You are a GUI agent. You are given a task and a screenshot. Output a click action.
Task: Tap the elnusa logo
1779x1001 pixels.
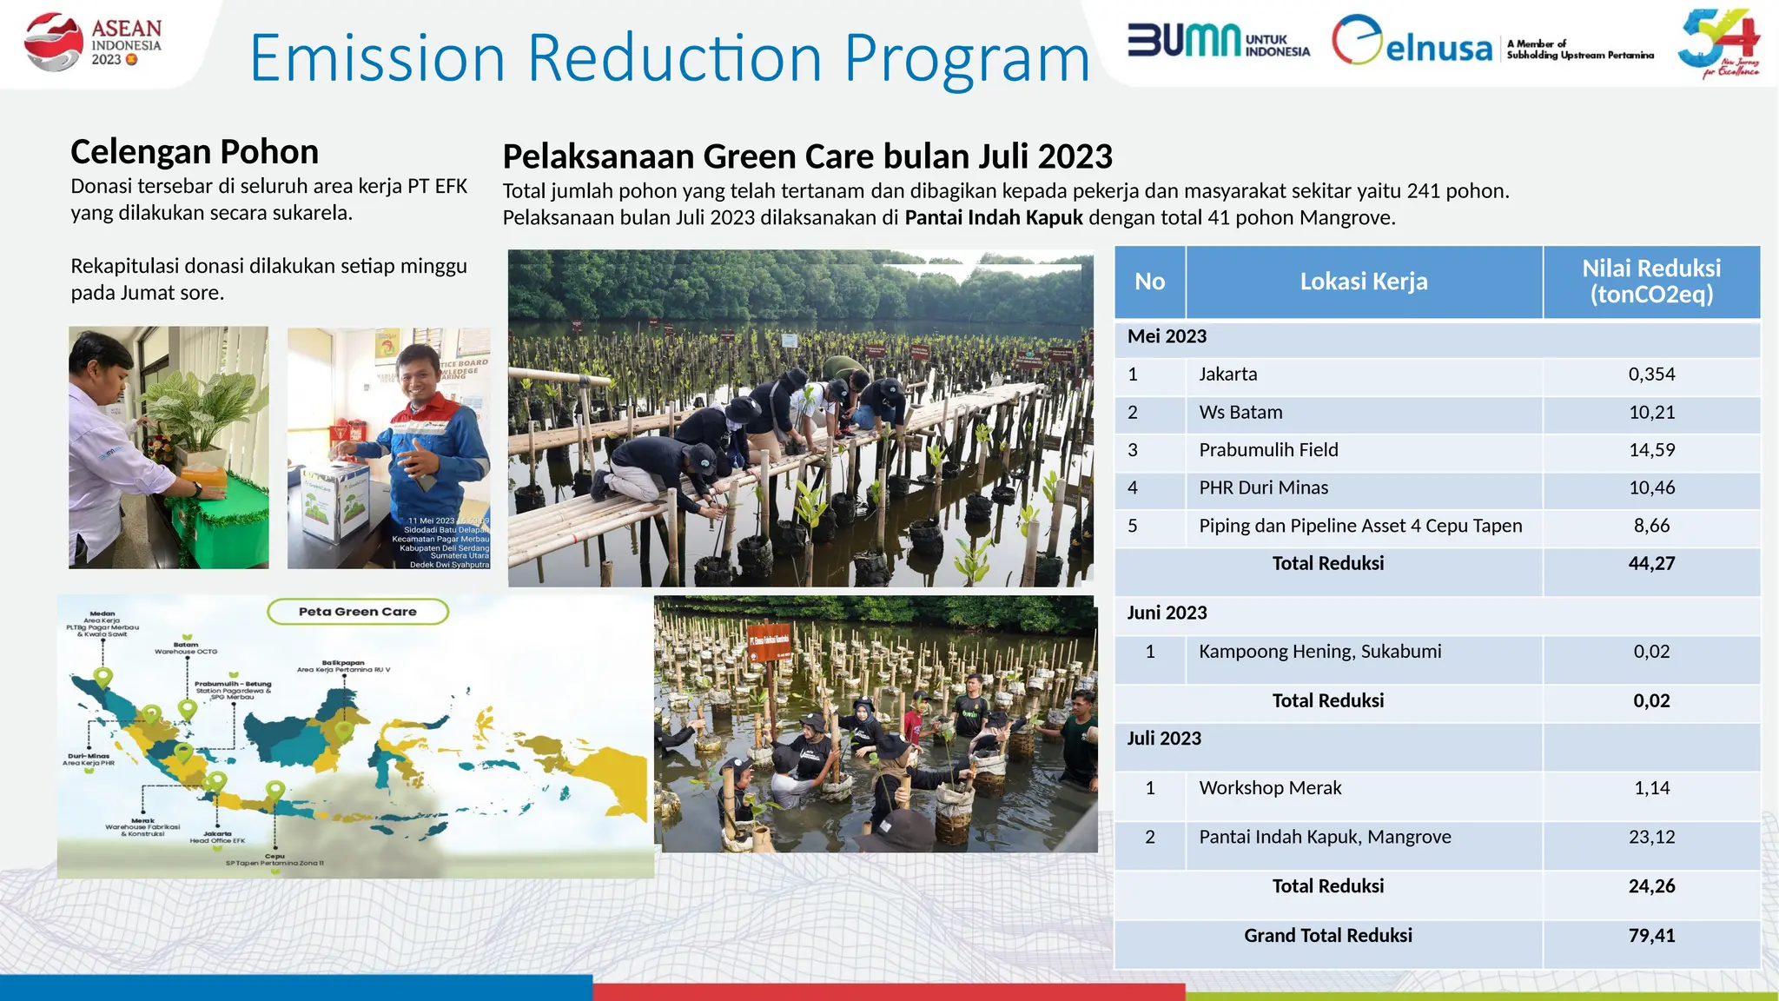pyautogui.click(x=1412, y=42)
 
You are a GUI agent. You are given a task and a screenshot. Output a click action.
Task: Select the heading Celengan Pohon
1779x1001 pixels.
pyautogui.click(x=195, y=152)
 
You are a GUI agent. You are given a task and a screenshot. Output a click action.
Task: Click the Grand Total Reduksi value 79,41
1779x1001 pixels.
pyautogui.click(x=1651, y=936)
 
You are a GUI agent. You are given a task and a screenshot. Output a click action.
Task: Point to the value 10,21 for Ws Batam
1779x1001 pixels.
pyautogui.click(x=1651, y=413)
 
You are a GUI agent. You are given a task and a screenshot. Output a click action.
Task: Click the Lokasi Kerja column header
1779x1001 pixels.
pyautogui.click(x=1363, y=282)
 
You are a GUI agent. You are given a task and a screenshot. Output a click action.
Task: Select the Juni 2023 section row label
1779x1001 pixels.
pyautogui.click(x=1167, y=613)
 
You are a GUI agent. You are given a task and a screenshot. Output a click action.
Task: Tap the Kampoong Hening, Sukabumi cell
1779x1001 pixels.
pyautogui.click(x=1319, y=652)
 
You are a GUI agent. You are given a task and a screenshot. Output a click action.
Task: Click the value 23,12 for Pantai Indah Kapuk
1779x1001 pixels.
pyautogui.click(x=1651, y=837)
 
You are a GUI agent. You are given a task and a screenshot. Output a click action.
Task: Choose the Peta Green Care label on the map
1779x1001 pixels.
pyautogui.click(x=358, y=612)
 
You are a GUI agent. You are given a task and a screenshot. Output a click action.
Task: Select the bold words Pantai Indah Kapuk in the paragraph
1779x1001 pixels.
pyautogui.click(x=994, y=218)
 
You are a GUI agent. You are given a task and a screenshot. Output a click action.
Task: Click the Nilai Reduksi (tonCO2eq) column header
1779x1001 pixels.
pyautogui.click(x=1650, y=282)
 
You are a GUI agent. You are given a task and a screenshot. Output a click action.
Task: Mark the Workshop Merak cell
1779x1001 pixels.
pyautogui.click(x=1270, y=788)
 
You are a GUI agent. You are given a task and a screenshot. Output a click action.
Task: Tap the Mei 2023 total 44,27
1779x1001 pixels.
pyautogui.click(x=1651, y=564)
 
